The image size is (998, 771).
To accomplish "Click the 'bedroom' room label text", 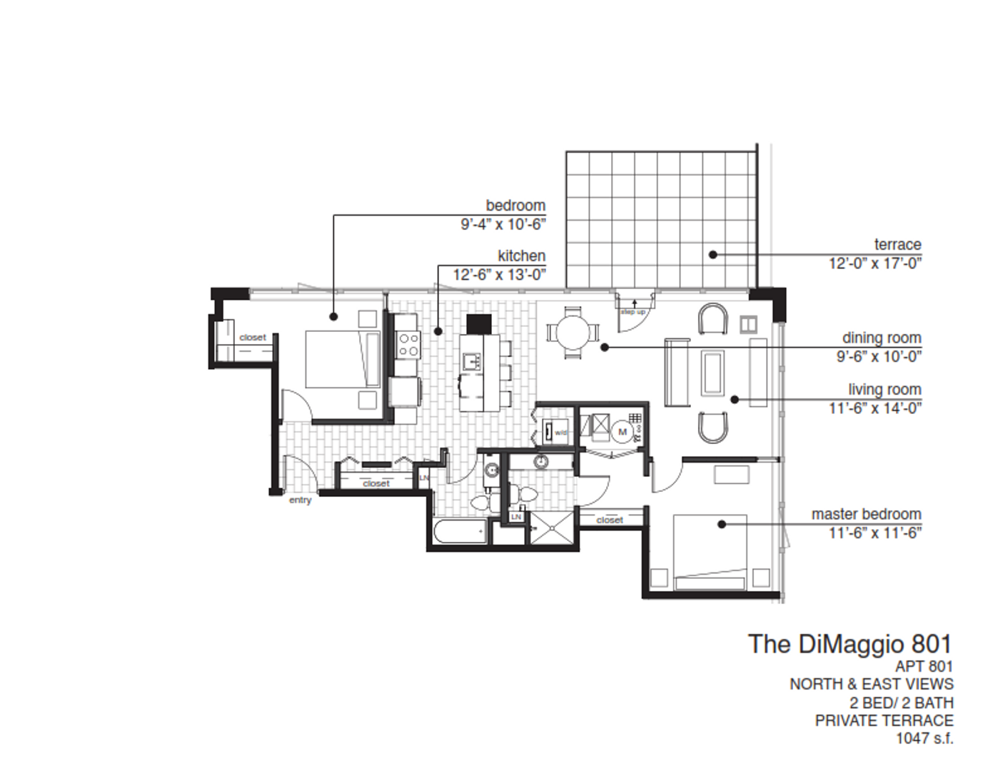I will pos(515,206).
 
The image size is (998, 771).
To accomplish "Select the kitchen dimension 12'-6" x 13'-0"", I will pos(498,274).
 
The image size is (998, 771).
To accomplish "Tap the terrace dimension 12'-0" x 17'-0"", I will pos(874,263).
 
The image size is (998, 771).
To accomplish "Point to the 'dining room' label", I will pos(881,338).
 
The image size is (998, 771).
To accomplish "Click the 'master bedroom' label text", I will pos(865,514).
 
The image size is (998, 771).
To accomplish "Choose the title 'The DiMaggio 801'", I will pos(850,644).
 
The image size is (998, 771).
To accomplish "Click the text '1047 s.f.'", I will pos(924,738).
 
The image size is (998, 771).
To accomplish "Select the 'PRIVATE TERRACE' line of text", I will pos(884,720).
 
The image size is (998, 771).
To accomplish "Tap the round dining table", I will pos(573,333).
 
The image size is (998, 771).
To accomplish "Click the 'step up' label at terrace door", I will pos(632,312).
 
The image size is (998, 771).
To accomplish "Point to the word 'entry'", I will pos(300,500).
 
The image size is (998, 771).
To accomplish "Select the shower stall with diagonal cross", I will pos(550,528).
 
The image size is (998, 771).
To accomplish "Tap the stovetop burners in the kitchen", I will pos(408,343).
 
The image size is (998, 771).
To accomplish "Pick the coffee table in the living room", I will pos(713,372).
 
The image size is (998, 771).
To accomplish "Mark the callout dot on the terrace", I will pos(712,254).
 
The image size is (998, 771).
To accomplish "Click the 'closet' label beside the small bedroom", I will pos(253,337).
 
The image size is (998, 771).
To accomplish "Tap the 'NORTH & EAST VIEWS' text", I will pos(871,684).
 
